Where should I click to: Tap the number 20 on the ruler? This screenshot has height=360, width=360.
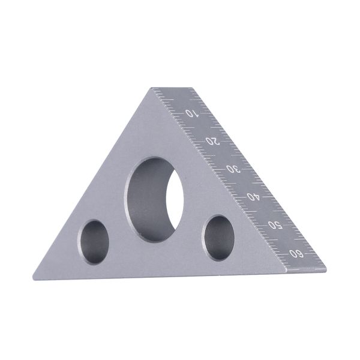tap(213, 141)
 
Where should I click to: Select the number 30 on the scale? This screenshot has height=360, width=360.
tap(233, 169)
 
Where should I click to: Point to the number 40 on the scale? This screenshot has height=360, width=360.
tap(253, 197)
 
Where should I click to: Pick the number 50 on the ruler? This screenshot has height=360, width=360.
tap(275, 225)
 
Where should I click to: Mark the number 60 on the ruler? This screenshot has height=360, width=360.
tap(296, 254)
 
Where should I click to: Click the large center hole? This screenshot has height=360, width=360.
tap(154, 199)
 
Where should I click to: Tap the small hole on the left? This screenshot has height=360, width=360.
tap(93, 242)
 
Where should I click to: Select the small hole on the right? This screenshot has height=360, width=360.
tap(218, 238)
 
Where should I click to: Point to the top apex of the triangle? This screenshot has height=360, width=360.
tap(152, 88)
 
